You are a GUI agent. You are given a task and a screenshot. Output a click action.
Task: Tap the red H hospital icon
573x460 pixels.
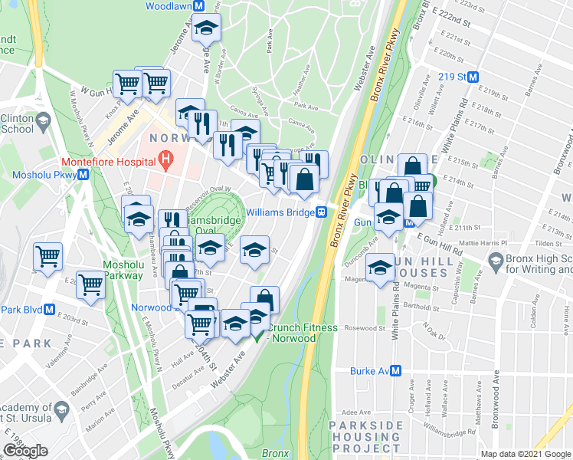[163, 161]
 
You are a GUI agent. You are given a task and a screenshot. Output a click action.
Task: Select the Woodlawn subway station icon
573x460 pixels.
[198, 5]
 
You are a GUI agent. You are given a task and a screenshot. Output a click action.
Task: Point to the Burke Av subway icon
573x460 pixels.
[396, 371]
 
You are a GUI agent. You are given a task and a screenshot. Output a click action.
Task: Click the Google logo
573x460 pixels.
[25, 451]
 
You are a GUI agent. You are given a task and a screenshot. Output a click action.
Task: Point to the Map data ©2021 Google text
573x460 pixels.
[525, 454]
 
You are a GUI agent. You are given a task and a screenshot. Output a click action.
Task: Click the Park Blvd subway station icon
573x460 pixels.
[49, 310]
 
